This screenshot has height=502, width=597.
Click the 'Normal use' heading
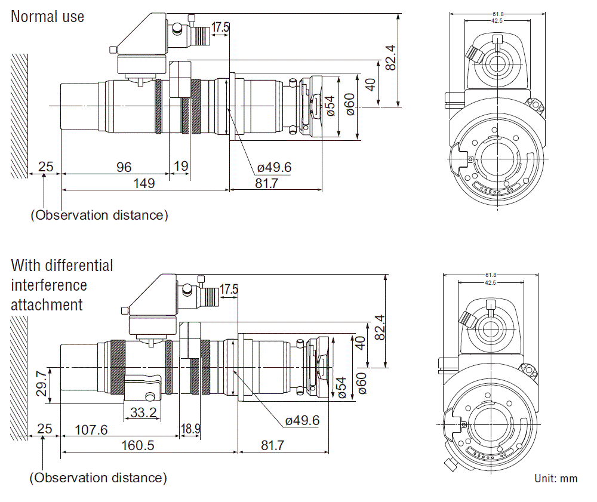point(48,16)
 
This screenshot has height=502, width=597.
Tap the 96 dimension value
point(124,167)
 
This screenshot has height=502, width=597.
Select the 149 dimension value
point(143,183)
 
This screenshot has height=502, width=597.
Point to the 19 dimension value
point(180,167)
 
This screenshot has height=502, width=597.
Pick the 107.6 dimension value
point(91,429)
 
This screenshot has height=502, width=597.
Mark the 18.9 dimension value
point(191,429)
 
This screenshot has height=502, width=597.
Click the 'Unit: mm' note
point(556,478)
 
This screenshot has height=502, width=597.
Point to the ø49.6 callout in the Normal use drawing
point(274,168)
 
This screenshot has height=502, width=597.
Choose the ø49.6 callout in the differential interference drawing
point(302,420)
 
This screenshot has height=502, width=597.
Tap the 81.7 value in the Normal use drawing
point(266,183)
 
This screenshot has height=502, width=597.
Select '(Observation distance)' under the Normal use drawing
point(99,215)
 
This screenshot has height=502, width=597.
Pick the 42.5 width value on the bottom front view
point(490,282)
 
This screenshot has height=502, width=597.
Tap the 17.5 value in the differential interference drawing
point(229,290)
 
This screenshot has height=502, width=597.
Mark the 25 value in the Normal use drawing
point(45,167)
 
